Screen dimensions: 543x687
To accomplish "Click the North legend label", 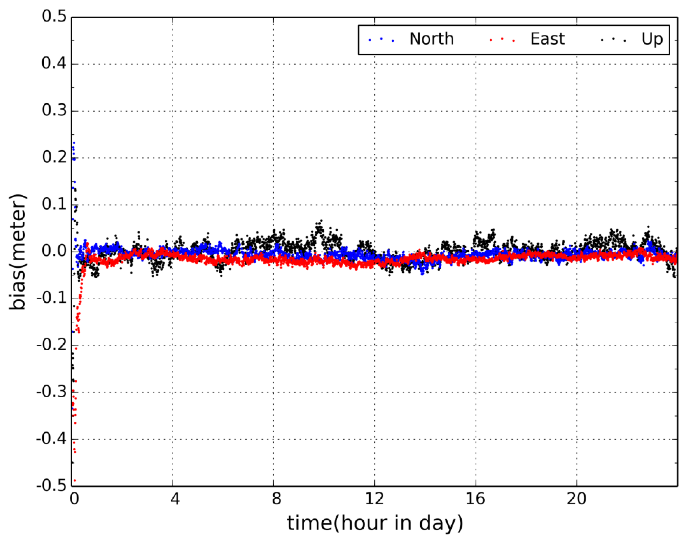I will click(431, 39).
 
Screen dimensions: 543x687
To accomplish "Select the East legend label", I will click(547, 39).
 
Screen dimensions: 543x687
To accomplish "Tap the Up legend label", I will click(652, 39).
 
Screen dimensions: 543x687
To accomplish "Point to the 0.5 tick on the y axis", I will click(54, 16).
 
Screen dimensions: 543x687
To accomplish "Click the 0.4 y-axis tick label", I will click(54, 64).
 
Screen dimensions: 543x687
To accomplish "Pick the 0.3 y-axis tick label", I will click(54, 111).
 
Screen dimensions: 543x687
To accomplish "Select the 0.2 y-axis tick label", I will click(54, 157).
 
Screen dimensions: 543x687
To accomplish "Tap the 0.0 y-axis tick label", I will click(54, 251).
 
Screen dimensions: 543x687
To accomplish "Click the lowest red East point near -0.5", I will click(75, 480).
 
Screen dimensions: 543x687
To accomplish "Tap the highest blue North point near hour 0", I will click(74, 143).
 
